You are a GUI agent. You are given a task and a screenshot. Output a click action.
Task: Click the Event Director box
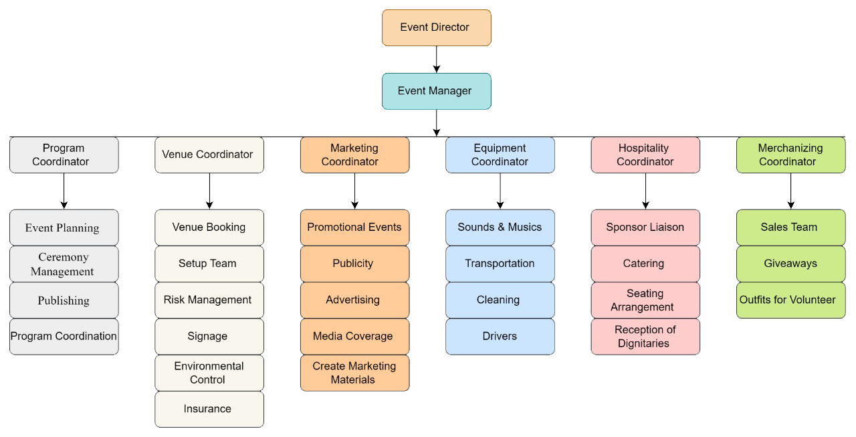[436, 27]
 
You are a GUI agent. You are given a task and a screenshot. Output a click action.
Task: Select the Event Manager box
[436, 91]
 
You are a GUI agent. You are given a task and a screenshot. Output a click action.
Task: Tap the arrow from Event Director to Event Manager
[437, 59]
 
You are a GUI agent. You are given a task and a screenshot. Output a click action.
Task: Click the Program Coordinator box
[64, 155]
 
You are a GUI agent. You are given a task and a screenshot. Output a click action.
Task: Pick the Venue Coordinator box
[209, 155]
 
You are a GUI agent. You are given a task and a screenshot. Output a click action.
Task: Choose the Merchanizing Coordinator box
[791, 155]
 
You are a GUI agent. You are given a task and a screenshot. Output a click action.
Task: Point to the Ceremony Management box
[64, 264]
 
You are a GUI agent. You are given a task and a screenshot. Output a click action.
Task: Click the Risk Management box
[209, 300]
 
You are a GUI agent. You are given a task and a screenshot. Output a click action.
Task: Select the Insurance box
[209, 409]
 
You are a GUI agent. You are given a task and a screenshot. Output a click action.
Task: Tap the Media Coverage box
[354, 336]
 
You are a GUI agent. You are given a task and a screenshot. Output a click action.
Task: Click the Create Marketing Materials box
[354, 373]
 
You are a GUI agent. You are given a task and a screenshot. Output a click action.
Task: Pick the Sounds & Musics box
[500, 228]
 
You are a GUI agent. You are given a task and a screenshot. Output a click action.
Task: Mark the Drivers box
[500, 336]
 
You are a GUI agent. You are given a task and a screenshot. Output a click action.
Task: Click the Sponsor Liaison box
[645, 228]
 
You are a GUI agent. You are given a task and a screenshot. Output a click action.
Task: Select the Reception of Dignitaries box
[645, 336]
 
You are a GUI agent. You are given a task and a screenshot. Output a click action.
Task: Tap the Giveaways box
[791, 264]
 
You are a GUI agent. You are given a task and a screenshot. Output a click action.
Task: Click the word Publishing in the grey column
[64, 300]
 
